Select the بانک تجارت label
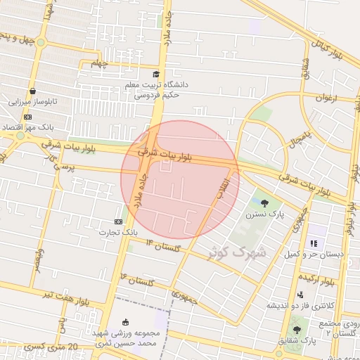117,232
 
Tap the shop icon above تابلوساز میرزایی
33,91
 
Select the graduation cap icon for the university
155,74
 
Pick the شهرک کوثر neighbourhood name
237,251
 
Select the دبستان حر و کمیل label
317,255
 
